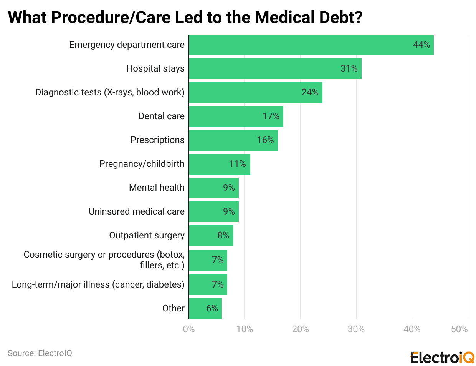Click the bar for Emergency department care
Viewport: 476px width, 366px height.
pos(311,45)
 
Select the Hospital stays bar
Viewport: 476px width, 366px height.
pos(275,69)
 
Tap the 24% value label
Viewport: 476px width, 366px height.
pos(310,92)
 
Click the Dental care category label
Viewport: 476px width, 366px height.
pos(161,116)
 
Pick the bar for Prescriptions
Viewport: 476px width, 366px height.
pos(233,140)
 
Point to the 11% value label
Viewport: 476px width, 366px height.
pos(237,164)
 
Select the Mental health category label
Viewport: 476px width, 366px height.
pos(157,188)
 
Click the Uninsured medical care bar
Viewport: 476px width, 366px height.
pos(213,211)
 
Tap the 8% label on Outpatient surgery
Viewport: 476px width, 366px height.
pos(223,235)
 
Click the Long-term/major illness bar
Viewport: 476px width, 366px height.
pos(208,284)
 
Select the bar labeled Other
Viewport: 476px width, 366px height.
pos(205,308)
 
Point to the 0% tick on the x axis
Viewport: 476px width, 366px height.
pos(189,329)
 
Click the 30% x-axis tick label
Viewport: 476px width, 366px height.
pos(356,329)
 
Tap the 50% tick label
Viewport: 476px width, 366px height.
pos(459,329)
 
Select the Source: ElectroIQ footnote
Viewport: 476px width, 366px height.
pos(40,353)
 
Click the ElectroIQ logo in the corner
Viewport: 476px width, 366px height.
pos(442,357)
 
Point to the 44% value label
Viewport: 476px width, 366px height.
pos(421,45)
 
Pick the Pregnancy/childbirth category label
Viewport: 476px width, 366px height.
pos(142,164)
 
